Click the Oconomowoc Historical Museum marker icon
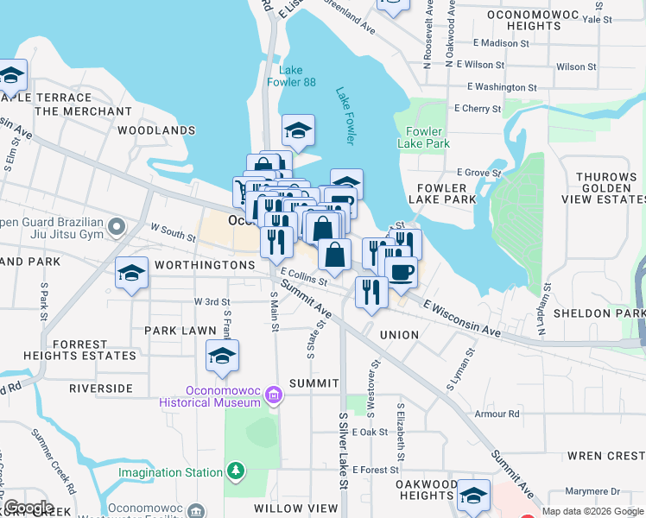pos(274,395)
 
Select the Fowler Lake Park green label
pos(424,137)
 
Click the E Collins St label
pos(302,276)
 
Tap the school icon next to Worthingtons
pos(130,274)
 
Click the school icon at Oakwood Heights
pos(473,495)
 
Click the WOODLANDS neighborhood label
pos(156,130)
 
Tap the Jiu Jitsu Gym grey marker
pos(117,227)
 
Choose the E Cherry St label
pos(479,109)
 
